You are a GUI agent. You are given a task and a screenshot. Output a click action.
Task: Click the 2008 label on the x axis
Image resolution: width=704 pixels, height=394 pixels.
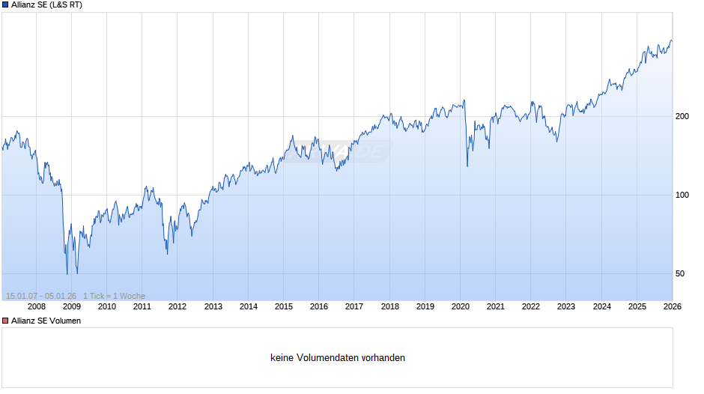tap(36, 306)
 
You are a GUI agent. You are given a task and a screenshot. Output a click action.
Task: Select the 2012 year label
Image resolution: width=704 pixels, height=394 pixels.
tap(177, 306)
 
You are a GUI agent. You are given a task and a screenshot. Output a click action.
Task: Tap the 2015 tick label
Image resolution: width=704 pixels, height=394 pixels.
tap(283, 306)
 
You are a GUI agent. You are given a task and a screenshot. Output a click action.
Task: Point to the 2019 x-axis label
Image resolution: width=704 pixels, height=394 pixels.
tap(425, 306)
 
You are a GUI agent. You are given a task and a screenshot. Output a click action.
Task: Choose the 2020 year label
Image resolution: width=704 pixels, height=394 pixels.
tap(460, 306)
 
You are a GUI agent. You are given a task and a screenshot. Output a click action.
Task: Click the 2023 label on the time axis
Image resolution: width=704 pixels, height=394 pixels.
tap(566, 306)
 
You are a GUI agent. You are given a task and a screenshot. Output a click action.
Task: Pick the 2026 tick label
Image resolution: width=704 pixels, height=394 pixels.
tap(672, 306)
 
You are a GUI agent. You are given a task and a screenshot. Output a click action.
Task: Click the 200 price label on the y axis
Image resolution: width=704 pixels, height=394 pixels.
tap(682, 116)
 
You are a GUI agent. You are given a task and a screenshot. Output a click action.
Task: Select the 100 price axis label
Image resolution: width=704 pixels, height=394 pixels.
tap(682, 195)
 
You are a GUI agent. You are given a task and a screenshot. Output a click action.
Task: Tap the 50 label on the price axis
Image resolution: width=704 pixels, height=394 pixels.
tap(680, 273)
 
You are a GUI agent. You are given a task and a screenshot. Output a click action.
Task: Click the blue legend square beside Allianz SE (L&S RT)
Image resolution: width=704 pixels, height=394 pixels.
tap(5, 5)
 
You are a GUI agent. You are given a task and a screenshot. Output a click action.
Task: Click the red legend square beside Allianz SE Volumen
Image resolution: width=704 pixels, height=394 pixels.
tap(5, 321)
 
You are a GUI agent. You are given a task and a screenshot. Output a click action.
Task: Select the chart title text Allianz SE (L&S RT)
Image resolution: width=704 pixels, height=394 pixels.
tap(47, 5)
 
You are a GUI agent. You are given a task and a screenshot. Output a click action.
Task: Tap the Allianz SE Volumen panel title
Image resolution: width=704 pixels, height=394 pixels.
tap(46, 321)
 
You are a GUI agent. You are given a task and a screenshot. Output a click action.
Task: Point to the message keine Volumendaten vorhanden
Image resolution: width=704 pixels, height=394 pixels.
tap(338, 358)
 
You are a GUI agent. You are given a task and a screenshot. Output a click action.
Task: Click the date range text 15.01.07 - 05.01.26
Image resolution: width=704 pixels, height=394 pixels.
tap(40, 296)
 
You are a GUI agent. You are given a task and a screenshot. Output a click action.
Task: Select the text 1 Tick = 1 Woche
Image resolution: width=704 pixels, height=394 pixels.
tap(114, 296)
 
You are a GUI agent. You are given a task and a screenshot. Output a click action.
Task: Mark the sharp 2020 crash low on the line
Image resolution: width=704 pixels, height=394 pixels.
tap(467, 166)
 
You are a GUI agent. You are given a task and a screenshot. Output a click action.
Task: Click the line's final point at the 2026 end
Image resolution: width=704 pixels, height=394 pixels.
tap(672, 41)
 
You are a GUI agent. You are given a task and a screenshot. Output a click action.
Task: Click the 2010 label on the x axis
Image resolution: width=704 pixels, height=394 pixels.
tap(107, 306)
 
